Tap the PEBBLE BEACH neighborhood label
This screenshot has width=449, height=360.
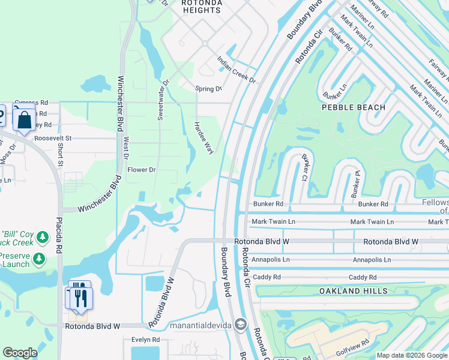click(353, 107)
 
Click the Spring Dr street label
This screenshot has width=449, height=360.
click(208, 89)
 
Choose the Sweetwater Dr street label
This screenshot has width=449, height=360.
click(161, 100)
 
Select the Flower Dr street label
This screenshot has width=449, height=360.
click(142, 170)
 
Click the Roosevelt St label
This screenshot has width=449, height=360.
click(53, 138)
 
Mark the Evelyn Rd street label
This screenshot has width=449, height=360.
click(146, 340)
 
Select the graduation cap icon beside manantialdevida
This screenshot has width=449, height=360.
click(241, 325)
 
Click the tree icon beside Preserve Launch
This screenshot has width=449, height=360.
click(39, 259)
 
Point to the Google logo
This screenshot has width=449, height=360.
click(20, 353)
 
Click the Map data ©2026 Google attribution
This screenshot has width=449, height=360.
click(412, 355)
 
